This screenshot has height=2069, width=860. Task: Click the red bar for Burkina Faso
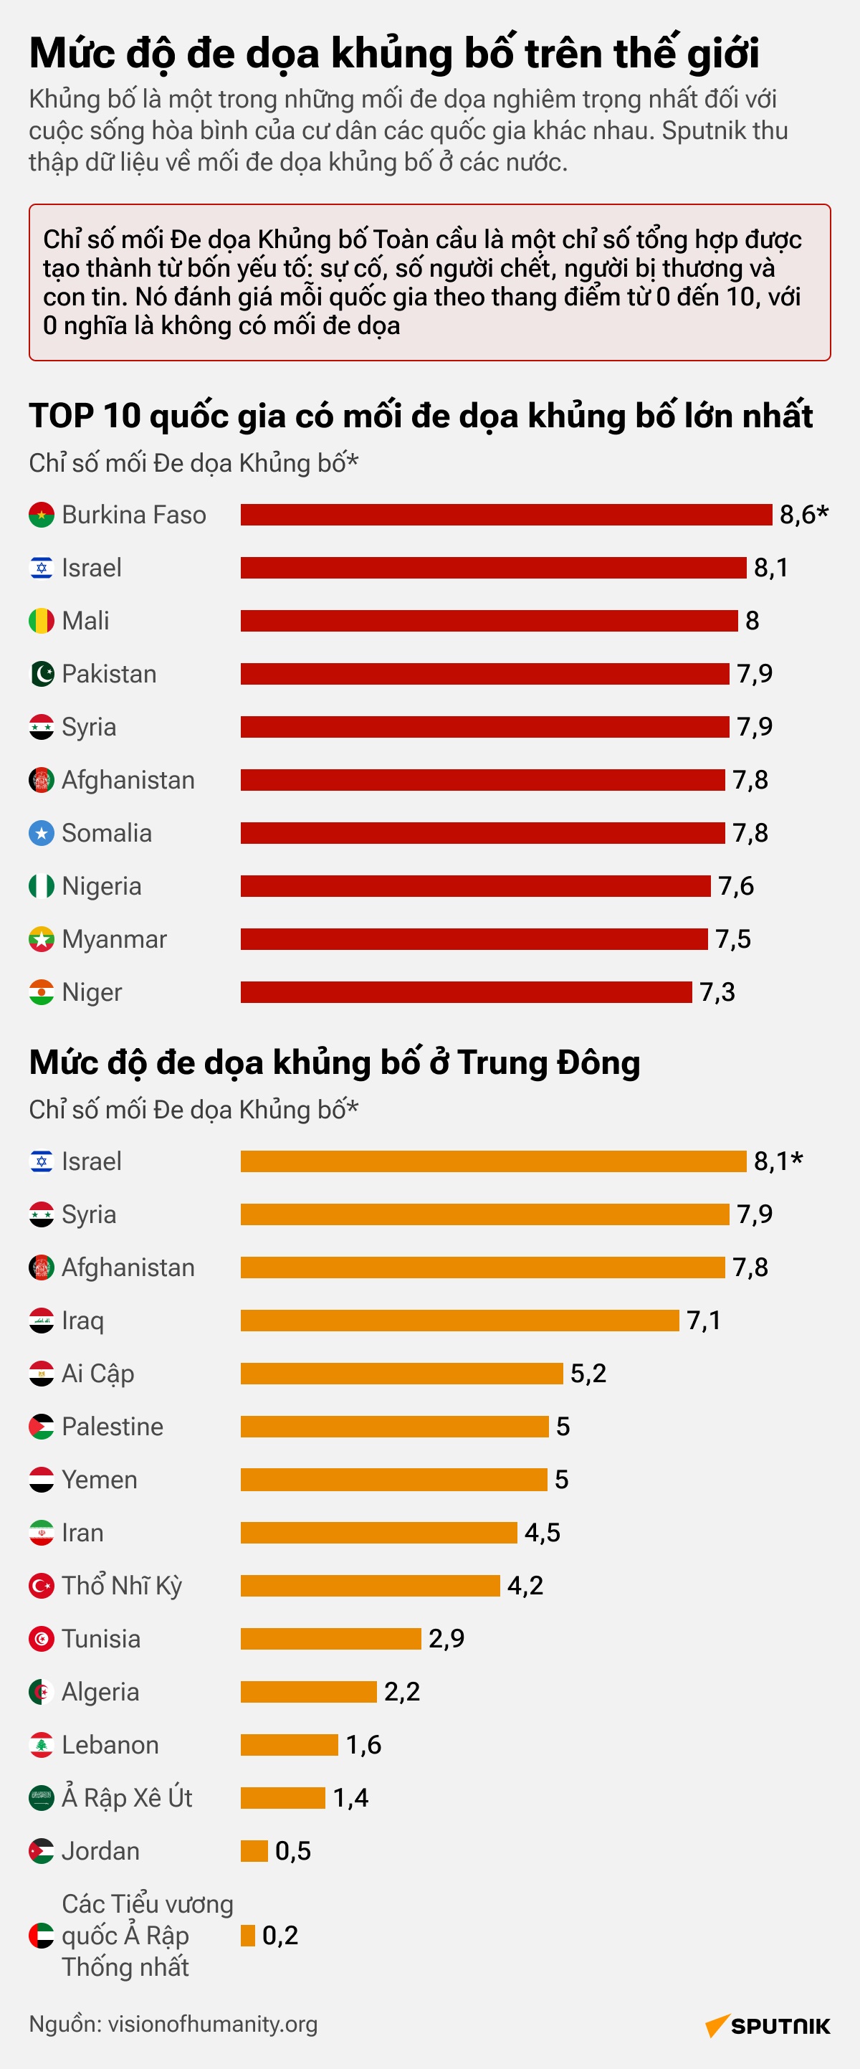(506, 514)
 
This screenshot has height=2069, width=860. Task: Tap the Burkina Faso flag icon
(42, 515)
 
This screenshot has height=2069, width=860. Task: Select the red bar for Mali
(489, 620)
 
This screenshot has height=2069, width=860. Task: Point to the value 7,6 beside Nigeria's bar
(736, 886)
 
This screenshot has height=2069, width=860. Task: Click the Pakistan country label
(109, 674)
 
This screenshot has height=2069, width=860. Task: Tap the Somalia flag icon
(42, 833)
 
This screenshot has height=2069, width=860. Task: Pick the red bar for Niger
(467, 992)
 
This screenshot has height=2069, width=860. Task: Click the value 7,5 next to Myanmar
(733, 939)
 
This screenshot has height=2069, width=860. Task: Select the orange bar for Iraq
(460, 1321)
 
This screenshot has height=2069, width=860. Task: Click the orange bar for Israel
(494, 1161)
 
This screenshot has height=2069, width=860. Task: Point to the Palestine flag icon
(42, 1427)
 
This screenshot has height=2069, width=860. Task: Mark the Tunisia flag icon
(42, 1638)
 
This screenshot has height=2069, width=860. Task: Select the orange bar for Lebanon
(289, 1744)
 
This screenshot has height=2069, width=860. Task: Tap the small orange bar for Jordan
(254, 1850)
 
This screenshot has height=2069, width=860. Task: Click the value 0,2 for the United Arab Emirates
(280, 1936)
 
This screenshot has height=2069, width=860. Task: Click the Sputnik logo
(768, 2026)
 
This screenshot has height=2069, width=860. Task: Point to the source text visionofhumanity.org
(213, 2024)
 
